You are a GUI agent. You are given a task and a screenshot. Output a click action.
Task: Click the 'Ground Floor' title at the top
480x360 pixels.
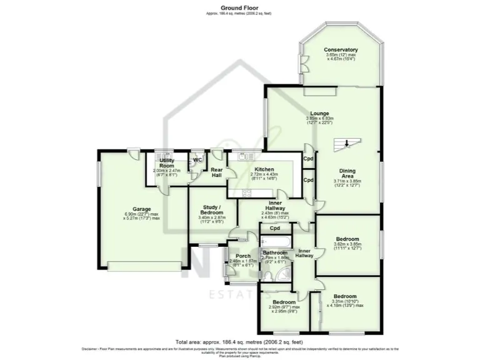pos(240,8)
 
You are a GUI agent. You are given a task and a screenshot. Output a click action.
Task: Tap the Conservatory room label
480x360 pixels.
pos(341,49)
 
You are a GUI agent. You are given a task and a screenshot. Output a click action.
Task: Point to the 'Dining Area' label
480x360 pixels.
pos(347,173)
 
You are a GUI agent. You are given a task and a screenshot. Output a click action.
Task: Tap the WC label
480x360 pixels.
pos(197,160)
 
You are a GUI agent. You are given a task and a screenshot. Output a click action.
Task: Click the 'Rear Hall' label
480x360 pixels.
pos(216,172)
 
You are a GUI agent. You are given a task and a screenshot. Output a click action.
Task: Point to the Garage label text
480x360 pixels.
pos(142,209)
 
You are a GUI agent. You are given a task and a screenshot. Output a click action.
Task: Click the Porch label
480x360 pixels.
pos(243,255)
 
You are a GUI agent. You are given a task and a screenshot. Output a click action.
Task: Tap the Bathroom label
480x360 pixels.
pos(275,252)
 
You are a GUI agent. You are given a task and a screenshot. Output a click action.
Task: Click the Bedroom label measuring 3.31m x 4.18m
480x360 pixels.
pos(345,296)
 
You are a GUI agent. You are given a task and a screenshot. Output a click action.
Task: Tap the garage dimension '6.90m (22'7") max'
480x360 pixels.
pos(142,214)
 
